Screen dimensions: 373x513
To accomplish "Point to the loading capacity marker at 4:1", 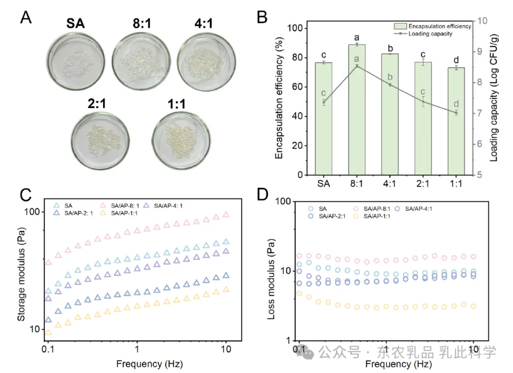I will (x=390, y=85).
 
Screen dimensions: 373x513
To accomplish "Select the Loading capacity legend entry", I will (x=430, y=34).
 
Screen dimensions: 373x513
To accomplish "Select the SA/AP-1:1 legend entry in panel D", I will (x=384, y=216).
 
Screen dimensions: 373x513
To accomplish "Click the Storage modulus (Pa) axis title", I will (x=21, y=270).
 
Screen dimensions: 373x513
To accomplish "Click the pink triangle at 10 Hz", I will (x=226, y=215).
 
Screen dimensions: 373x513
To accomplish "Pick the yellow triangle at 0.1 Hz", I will (x=48, y=332).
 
